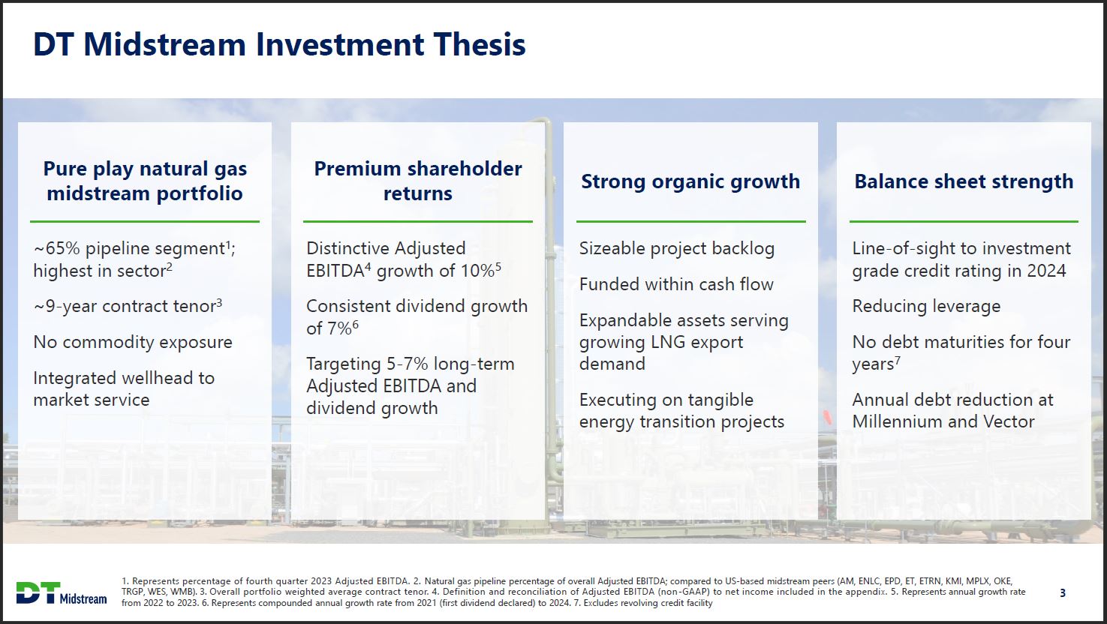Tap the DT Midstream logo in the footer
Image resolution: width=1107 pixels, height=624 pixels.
(62, 592)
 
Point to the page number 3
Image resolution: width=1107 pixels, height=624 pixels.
(1063, 593)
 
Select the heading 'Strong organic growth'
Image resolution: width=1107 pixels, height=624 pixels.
(690, 181)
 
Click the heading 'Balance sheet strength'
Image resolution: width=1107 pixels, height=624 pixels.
(964, 181)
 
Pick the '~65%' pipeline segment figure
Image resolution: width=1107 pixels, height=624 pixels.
(56, 248)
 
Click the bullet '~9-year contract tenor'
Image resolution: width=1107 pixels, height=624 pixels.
(128, 306)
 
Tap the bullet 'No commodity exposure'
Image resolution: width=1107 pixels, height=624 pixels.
(132, 342)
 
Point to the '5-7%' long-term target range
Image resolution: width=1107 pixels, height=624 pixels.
(407, 364)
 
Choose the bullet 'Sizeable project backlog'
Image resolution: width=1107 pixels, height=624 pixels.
(676, 248)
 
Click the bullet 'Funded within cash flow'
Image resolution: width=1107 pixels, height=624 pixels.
(676, 284)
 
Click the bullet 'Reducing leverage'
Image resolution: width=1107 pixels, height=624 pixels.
(926, 306)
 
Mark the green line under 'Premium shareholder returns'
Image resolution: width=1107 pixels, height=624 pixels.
(417, 222)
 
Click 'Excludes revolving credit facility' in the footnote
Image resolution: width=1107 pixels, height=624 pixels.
(648, 603)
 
